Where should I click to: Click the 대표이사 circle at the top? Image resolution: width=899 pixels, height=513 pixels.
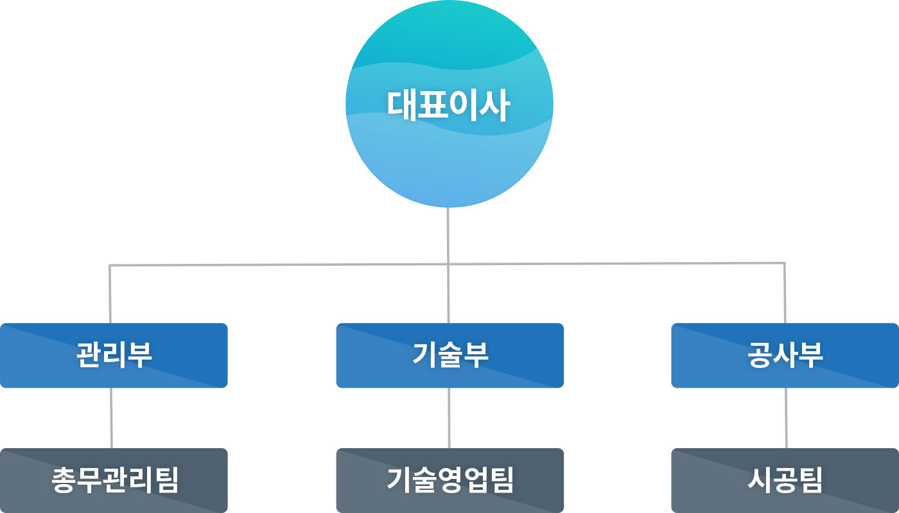coord(449,154)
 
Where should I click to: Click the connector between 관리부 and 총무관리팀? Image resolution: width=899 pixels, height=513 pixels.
coord(111,417)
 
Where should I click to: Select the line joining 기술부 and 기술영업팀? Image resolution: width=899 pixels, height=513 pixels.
coord(449,417)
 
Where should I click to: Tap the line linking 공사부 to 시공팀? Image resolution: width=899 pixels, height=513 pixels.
coord(786,417)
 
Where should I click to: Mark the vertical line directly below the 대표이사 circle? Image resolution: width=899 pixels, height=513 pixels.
coord(448,234)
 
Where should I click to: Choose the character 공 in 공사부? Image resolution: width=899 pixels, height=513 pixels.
coord(760,355)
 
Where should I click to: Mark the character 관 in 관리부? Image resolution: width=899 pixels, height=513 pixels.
coord(89,355)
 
